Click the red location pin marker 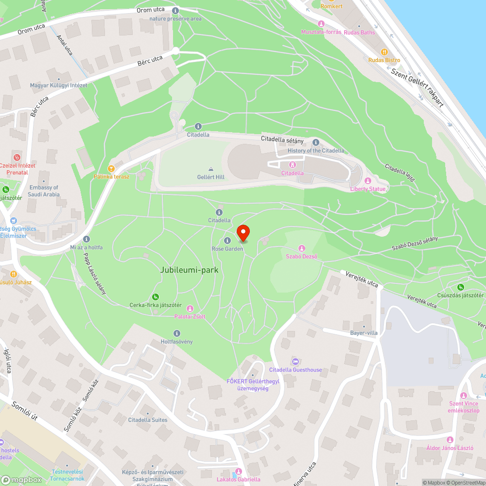coord(243,233)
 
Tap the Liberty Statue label coord(368,189)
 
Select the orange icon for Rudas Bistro coord(384,52)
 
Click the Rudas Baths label coord(359,33)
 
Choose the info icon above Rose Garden coord(227,241)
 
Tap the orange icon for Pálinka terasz coord(111,169)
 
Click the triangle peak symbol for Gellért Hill coord(210,169)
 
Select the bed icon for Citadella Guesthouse coord(295,362)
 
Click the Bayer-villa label coord(364,333)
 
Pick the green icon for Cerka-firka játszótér coord(155,297)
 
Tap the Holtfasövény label coord(176,342)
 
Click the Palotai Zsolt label coord(190,316)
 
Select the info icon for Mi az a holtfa coord(87,239)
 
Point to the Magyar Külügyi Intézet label coord(58,86)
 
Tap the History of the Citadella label coord(315,151)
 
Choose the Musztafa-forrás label coord(321,32)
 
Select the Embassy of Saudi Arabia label coord(44,191)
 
